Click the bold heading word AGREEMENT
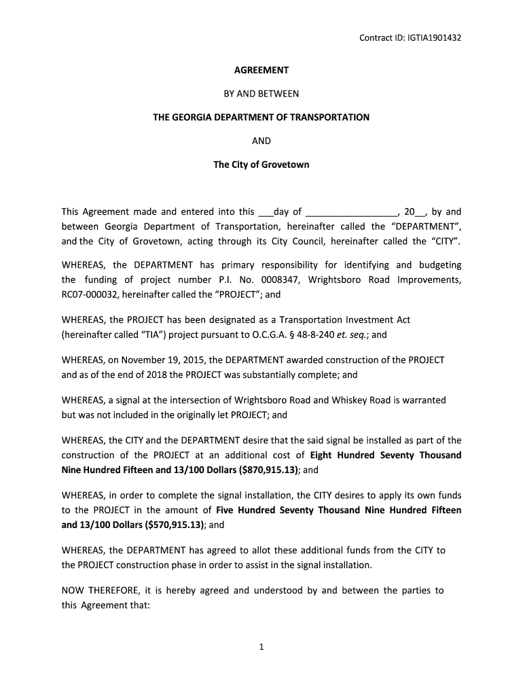[261, 70]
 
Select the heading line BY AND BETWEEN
[261, 94]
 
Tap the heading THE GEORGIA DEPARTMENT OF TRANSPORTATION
[261, 118]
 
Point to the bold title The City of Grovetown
[261, 164]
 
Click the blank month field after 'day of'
[351, 212]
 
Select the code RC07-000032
[90, 295]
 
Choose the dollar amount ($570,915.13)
[174, 525]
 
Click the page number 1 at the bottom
[261, 647]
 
